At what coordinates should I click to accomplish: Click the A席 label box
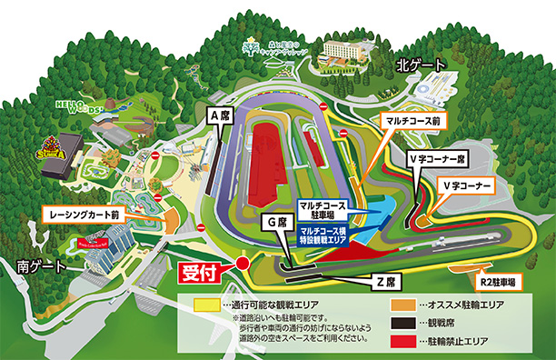219,116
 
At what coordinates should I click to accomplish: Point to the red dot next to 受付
243,264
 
